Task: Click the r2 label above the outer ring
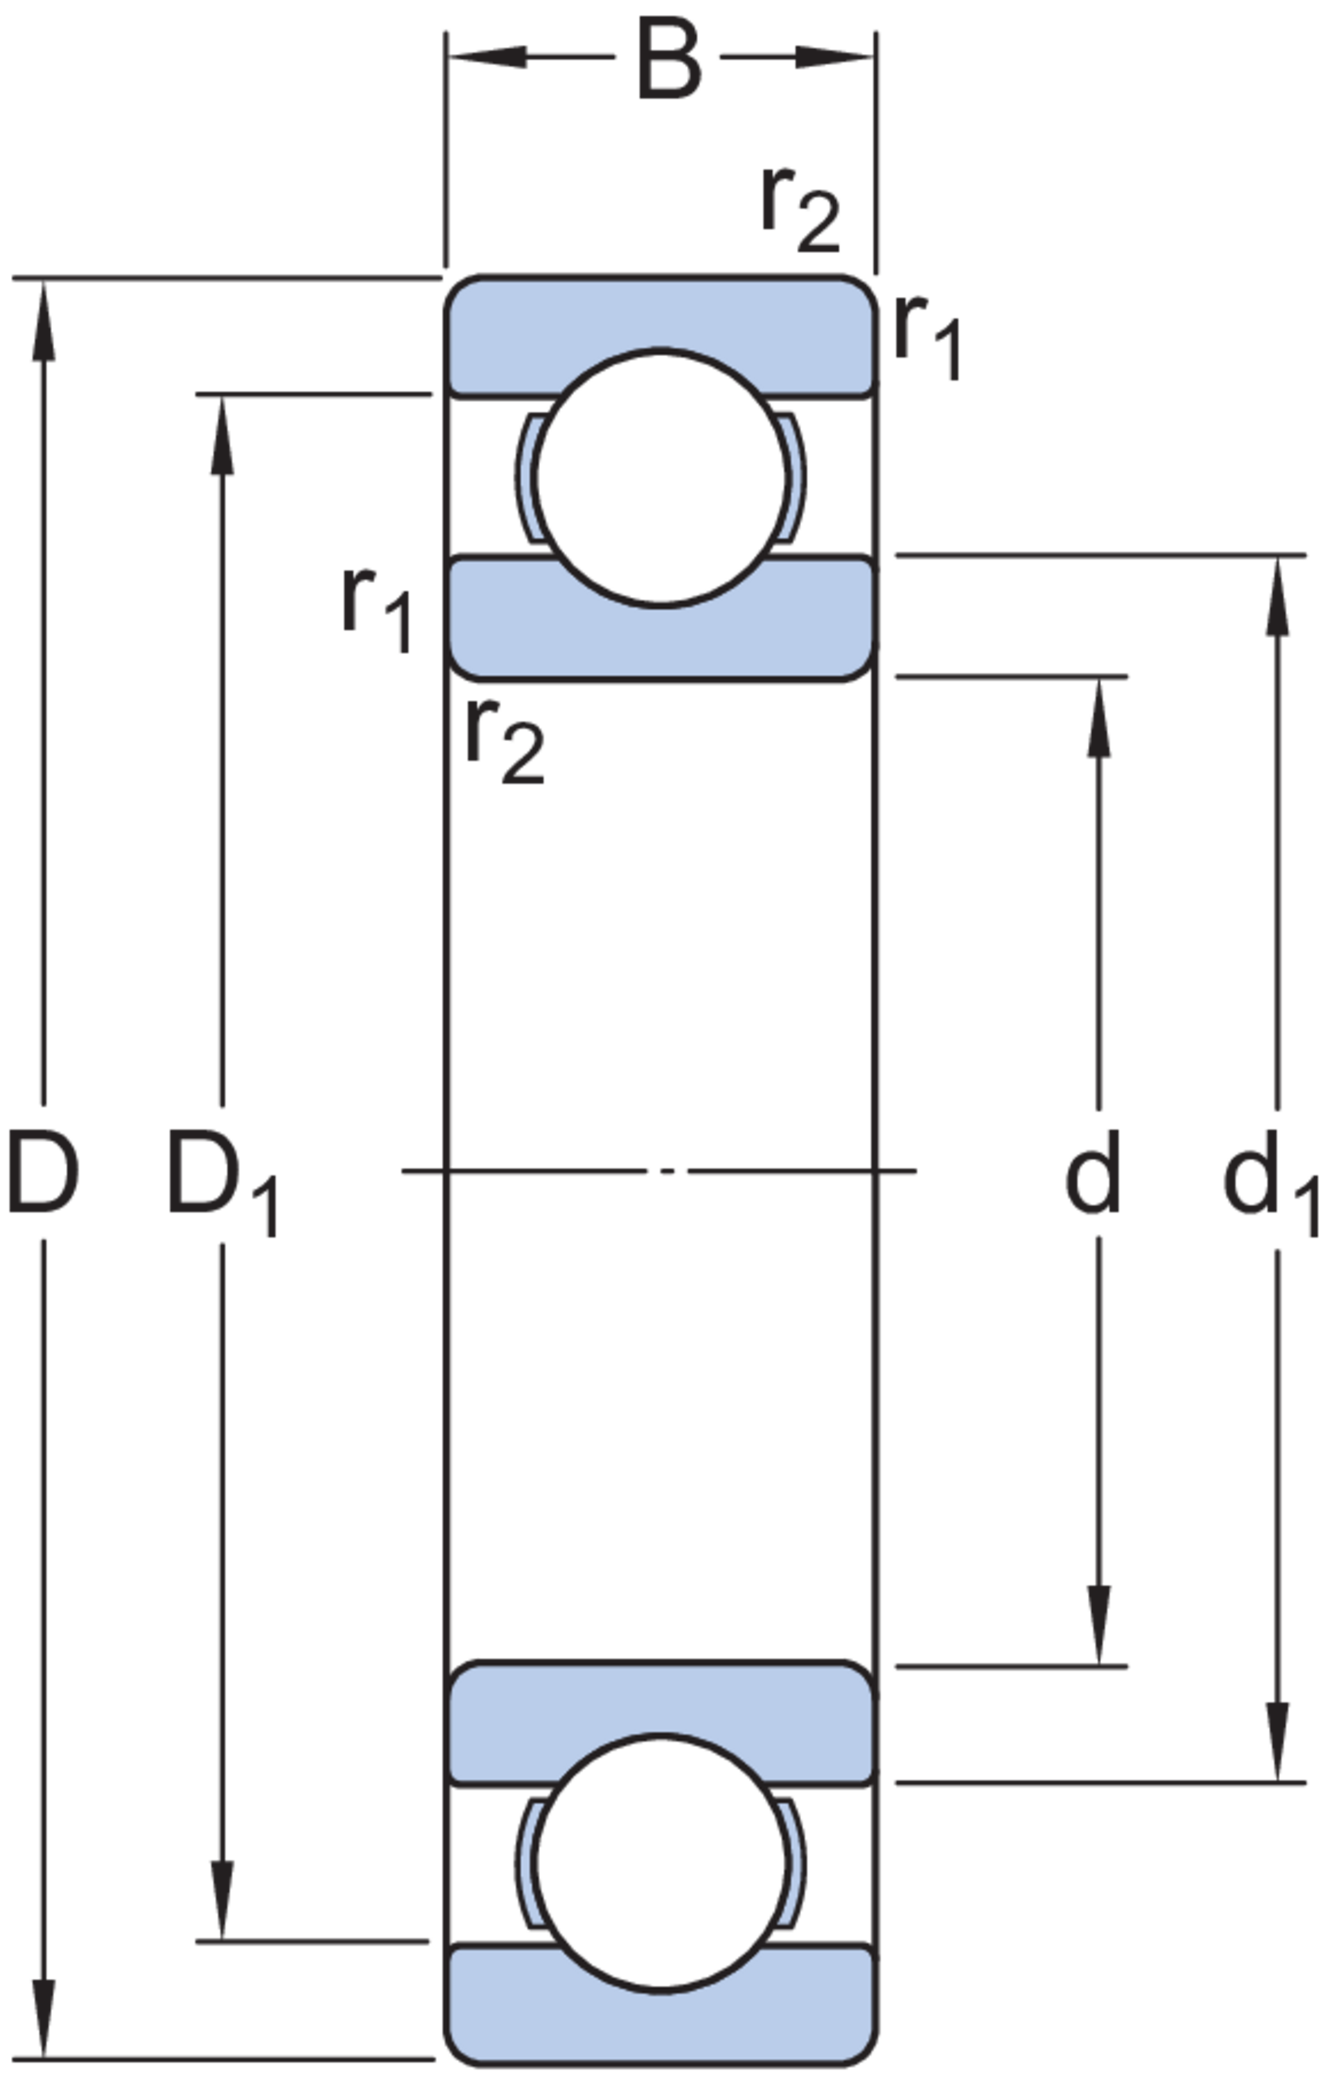click(801, 211)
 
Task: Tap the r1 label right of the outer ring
click(927, 338)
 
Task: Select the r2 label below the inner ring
click(506, 741)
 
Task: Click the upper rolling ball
click(661, 477)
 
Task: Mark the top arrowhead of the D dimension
click(43, 321)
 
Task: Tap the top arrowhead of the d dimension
click(1099, 717)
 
